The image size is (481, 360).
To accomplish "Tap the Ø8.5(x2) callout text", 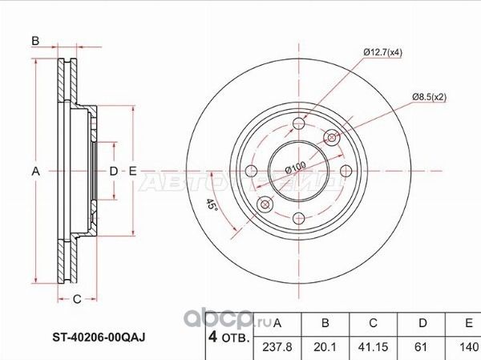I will tap(429, 97).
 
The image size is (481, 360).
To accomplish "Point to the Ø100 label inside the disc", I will tap(297, 169).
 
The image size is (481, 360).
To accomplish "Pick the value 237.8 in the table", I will tap(277, 348).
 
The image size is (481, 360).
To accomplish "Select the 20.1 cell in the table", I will tap(325, 348).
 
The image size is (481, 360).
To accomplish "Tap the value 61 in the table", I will tap(422, 348).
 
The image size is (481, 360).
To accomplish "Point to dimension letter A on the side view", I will tap(35, 171).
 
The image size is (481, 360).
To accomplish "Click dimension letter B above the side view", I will tap(35, 41).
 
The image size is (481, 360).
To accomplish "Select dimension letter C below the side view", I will tap(77, 300).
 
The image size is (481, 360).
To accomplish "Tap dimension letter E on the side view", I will tap(133, 171).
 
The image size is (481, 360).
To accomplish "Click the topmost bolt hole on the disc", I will tap(298, 123).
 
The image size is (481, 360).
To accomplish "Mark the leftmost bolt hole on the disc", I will tap(249, 171).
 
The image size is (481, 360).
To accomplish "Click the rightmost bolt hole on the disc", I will tap(347, 171).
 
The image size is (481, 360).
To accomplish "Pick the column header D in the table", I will tap(422, 323).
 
